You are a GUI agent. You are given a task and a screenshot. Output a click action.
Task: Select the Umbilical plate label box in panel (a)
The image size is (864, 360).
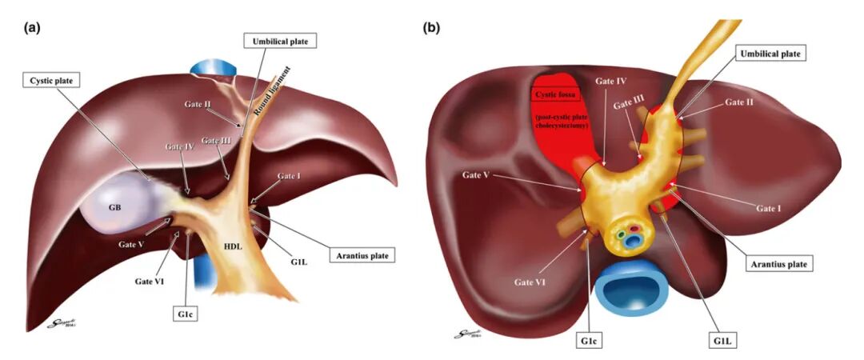280,40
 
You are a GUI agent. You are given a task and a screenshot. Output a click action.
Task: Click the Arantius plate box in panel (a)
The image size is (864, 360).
362,255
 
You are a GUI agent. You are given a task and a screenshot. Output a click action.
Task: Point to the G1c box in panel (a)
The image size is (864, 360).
184,314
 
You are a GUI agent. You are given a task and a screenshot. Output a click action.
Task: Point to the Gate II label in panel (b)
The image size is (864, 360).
739,102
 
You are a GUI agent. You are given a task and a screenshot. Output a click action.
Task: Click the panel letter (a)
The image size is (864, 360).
32,27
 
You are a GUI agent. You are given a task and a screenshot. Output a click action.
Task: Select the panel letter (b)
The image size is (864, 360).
431,27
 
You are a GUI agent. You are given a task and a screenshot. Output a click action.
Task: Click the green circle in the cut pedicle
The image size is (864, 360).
620,234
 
